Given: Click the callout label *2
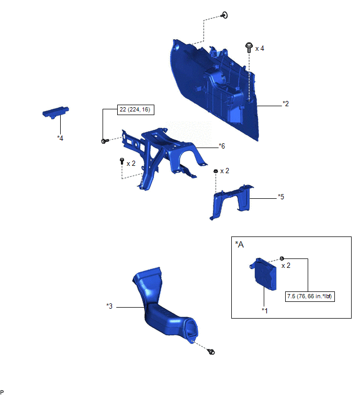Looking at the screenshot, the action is point(285,104).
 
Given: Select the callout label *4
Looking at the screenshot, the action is point(60,138).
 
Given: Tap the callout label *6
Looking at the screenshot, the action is point(222,146).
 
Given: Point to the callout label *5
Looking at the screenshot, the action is point(281,197).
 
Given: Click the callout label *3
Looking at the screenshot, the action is point(109,306).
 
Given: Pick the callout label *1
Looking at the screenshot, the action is point(265,311).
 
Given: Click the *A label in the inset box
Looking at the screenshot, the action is point(239,244).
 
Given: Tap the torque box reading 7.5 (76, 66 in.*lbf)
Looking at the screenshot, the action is point(310,296).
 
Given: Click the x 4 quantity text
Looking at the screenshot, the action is point(260,48).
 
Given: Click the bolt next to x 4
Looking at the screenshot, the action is point(249,48).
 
